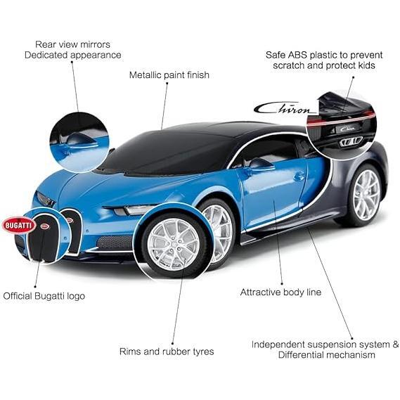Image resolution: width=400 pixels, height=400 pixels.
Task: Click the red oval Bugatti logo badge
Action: click(x=19, y=225)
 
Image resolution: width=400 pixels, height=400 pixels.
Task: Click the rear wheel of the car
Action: click(x=364, y=195)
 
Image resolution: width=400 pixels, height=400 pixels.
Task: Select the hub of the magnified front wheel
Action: click(x=174, y=245)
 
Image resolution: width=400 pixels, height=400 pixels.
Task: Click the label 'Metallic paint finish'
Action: click(x=169, y=75)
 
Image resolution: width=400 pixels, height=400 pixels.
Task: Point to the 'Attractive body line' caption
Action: click(x=280, y=292)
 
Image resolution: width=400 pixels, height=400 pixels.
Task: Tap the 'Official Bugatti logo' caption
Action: click(x=44, y=296)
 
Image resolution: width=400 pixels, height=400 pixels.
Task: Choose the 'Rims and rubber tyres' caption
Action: click(x=167, y=351)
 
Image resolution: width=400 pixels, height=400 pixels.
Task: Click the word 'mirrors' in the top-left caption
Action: click(x=95, y=44)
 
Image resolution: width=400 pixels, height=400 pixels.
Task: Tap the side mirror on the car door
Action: click(x=262, y=164)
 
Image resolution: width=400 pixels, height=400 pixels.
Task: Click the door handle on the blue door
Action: click(x=299, y=176)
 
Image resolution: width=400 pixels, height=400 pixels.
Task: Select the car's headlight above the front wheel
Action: click(x=133, y=209)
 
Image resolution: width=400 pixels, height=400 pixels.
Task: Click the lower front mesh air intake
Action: click(x=115, y=243)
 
